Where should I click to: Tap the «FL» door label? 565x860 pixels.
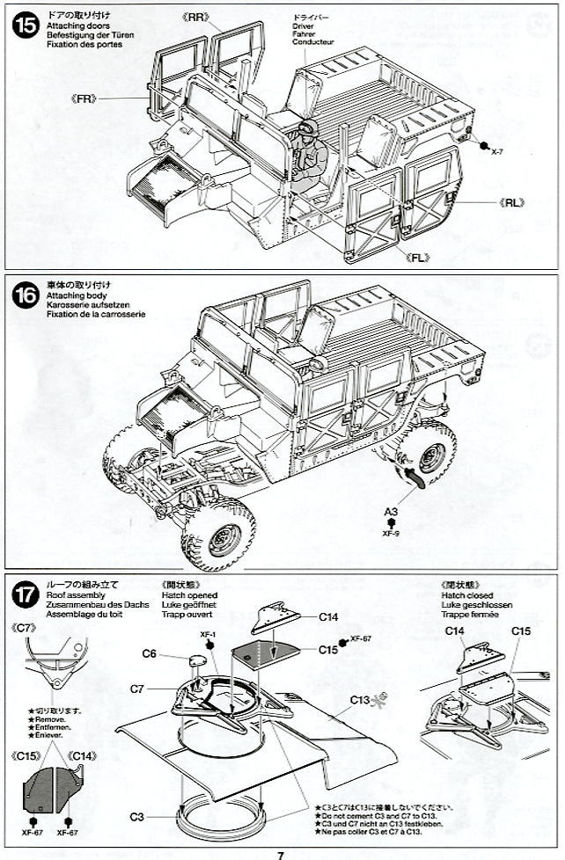coord(422,256)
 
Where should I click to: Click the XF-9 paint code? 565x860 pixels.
coord(391,533)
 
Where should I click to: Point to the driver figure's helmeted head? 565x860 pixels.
coord(307,134)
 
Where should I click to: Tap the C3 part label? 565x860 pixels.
coord(136,816)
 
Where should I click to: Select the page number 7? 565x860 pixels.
coord(280,853)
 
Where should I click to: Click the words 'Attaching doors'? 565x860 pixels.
coord(73,26)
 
